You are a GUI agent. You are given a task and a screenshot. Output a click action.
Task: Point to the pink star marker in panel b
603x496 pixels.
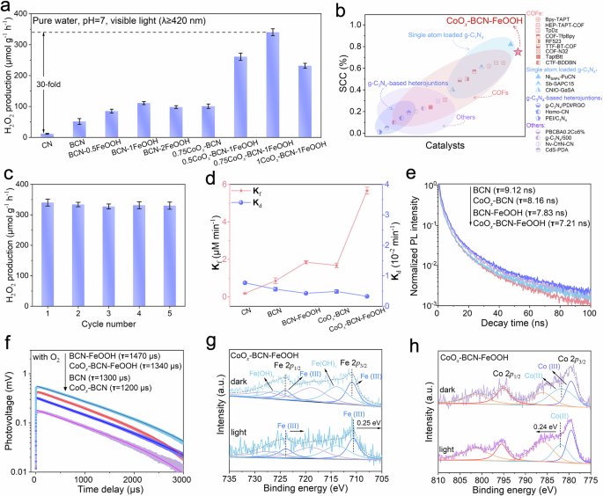518,53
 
